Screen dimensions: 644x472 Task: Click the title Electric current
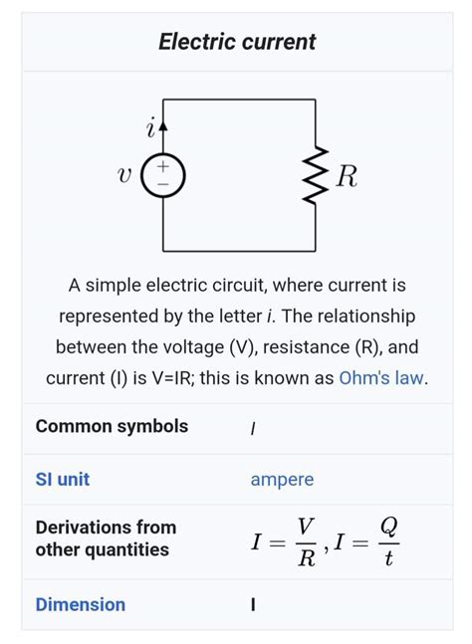237,42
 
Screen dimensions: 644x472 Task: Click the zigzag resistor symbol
316,175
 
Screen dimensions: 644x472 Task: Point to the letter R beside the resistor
346,177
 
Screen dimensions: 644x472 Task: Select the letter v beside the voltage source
123,177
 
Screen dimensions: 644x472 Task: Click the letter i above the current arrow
150,128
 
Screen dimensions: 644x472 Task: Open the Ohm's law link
381,378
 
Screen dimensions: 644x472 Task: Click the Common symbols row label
112,426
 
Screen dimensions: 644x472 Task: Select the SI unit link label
62,479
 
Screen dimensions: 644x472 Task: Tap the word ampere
282,479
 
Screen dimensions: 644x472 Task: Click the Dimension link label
80,604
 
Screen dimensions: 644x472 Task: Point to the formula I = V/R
285,541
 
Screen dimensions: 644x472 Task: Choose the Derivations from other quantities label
106,538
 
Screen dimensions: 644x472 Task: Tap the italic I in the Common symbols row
253,428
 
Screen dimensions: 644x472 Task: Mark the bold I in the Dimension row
253,605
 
